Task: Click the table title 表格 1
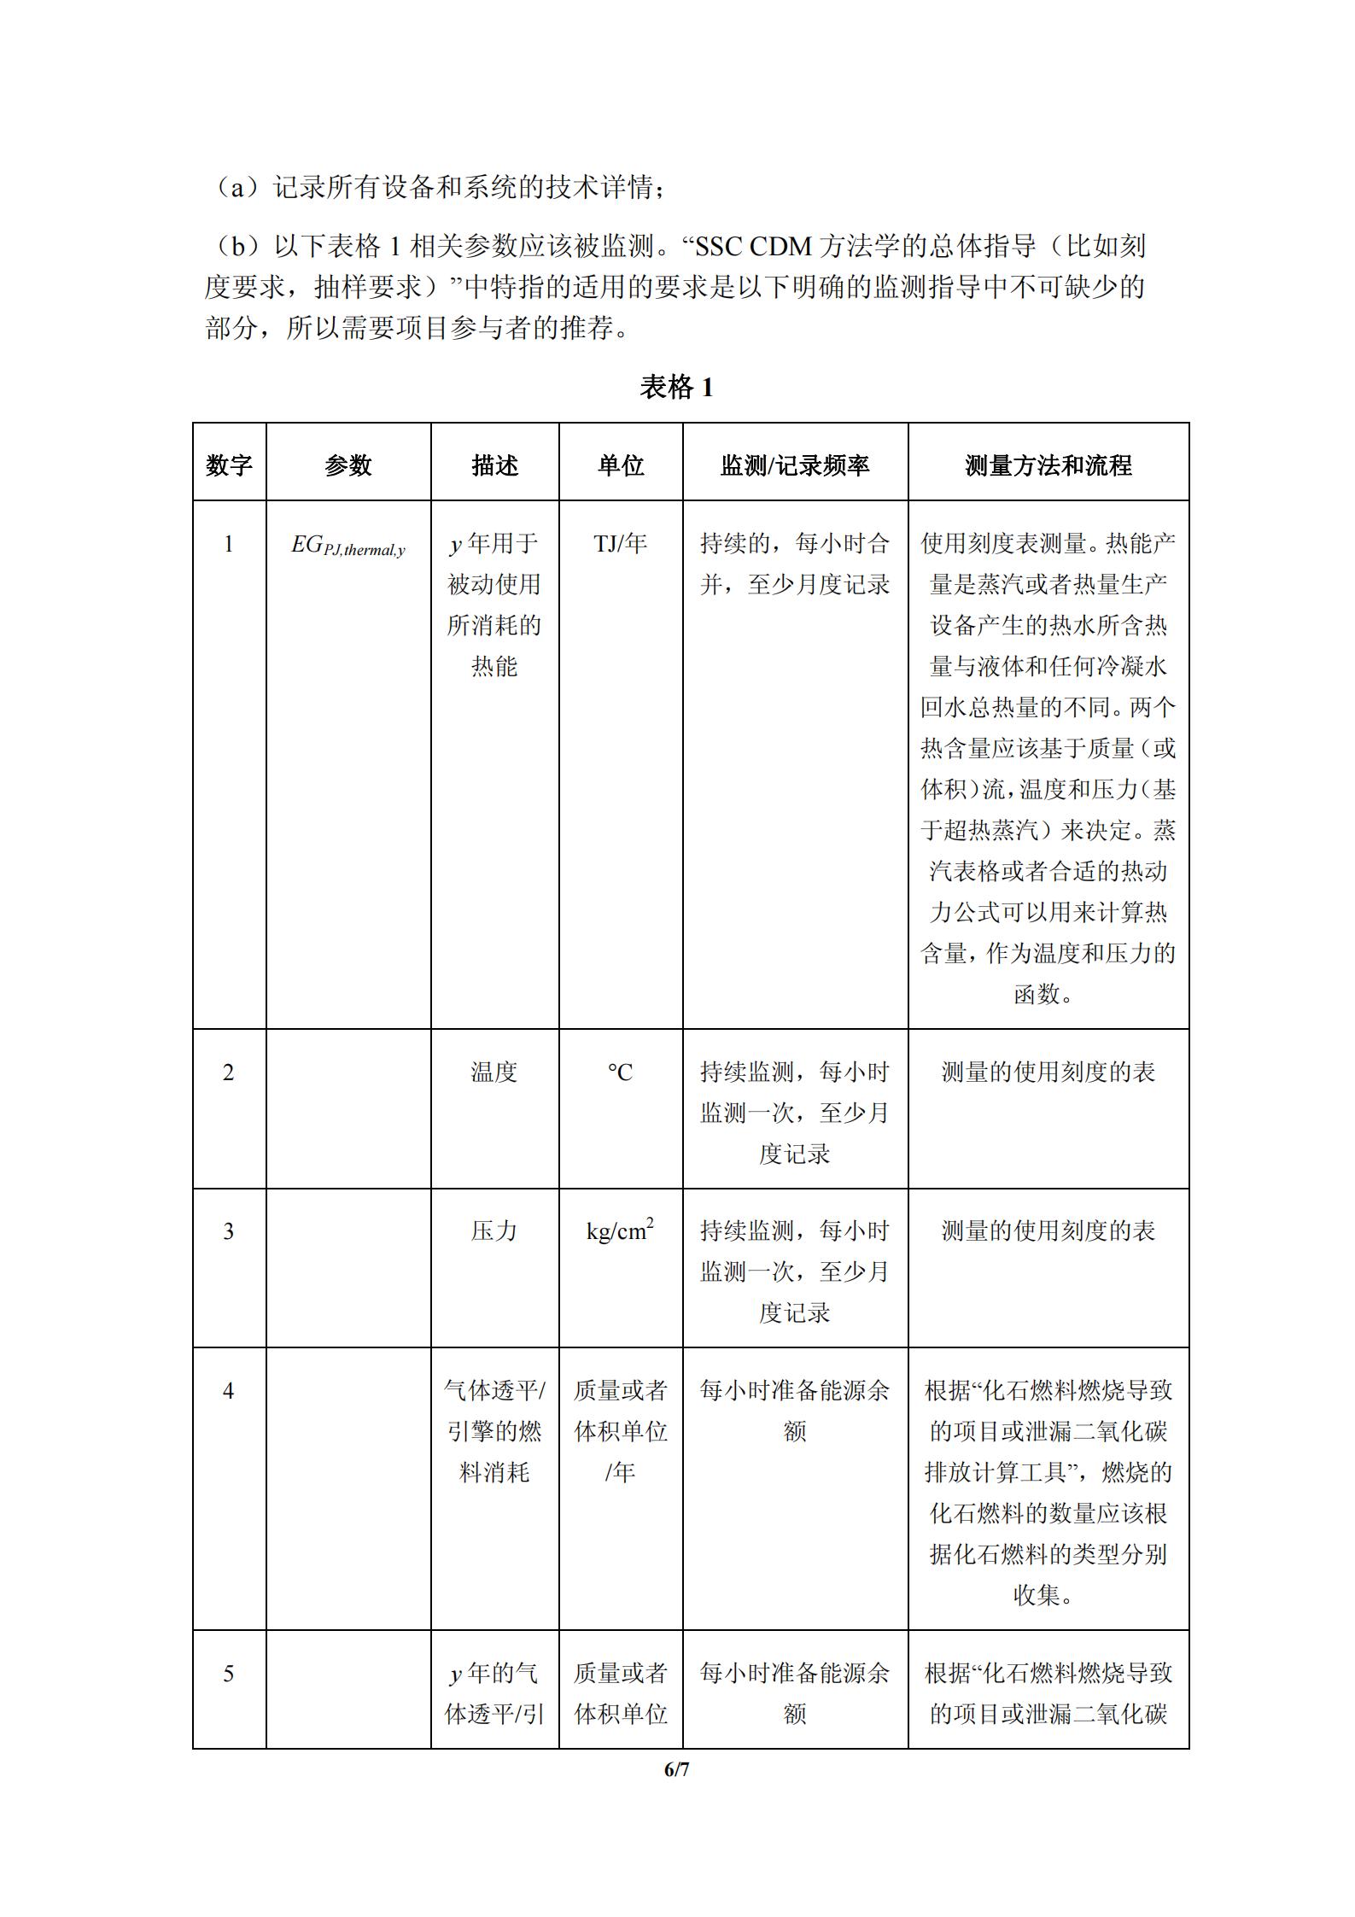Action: [676, 388]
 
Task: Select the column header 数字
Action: [229, 465]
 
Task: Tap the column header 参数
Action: [348, 465]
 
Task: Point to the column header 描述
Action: [494, 465]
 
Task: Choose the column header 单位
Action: [621, 465]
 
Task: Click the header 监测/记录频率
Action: [795, 465]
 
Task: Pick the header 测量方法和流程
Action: [1048, 465]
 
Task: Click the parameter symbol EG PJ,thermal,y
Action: [348, 546]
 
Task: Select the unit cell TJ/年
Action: [621, 543]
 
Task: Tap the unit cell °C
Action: [621, 1072]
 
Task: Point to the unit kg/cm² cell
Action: [621, 1231]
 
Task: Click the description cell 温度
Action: [494, 1072]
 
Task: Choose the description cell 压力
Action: [494, 1231]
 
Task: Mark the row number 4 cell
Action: [229, 1391]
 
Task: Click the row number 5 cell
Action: [229, 1673]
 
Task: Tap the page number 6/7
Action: [676, 1770]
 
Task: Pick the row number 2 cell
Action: [229, 1072]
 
